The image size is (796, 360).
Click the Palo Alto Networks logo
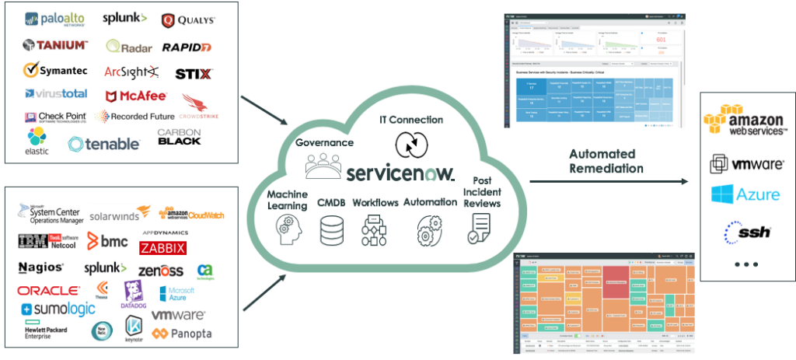click(x=53, y=19)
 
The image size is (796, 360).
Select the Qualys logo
click(x=188, y=20)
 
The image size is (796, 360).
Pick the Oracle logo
click(x=48, y=292)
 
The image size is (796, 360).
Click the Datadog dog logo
click(x=133, y=294)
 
